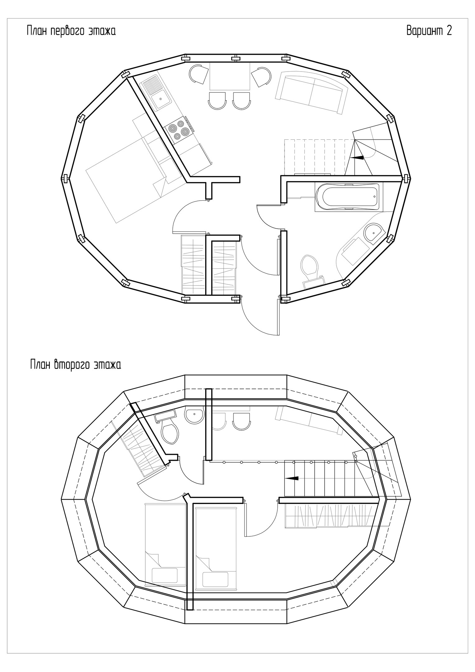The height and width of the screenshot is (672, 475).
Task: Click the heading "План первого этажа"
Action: (x=71, y=31)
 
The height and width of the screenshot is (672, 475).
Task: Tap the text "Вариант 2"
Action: (x=429, y=30)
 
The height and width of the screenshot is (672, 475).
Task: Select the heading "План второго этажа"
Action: (x=76, y=364)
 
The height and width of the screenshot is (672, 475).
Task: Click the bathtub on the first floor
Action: (x=348, y=197)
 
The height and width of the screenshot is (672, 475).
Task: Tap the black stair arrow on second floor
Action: (x=292, y=478)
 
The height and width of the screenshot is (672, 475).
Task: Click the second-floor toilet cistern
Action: (x=165, y=415)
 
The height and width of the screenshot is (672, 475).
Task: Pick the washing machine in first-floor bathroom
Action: (x=355, y=252)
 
